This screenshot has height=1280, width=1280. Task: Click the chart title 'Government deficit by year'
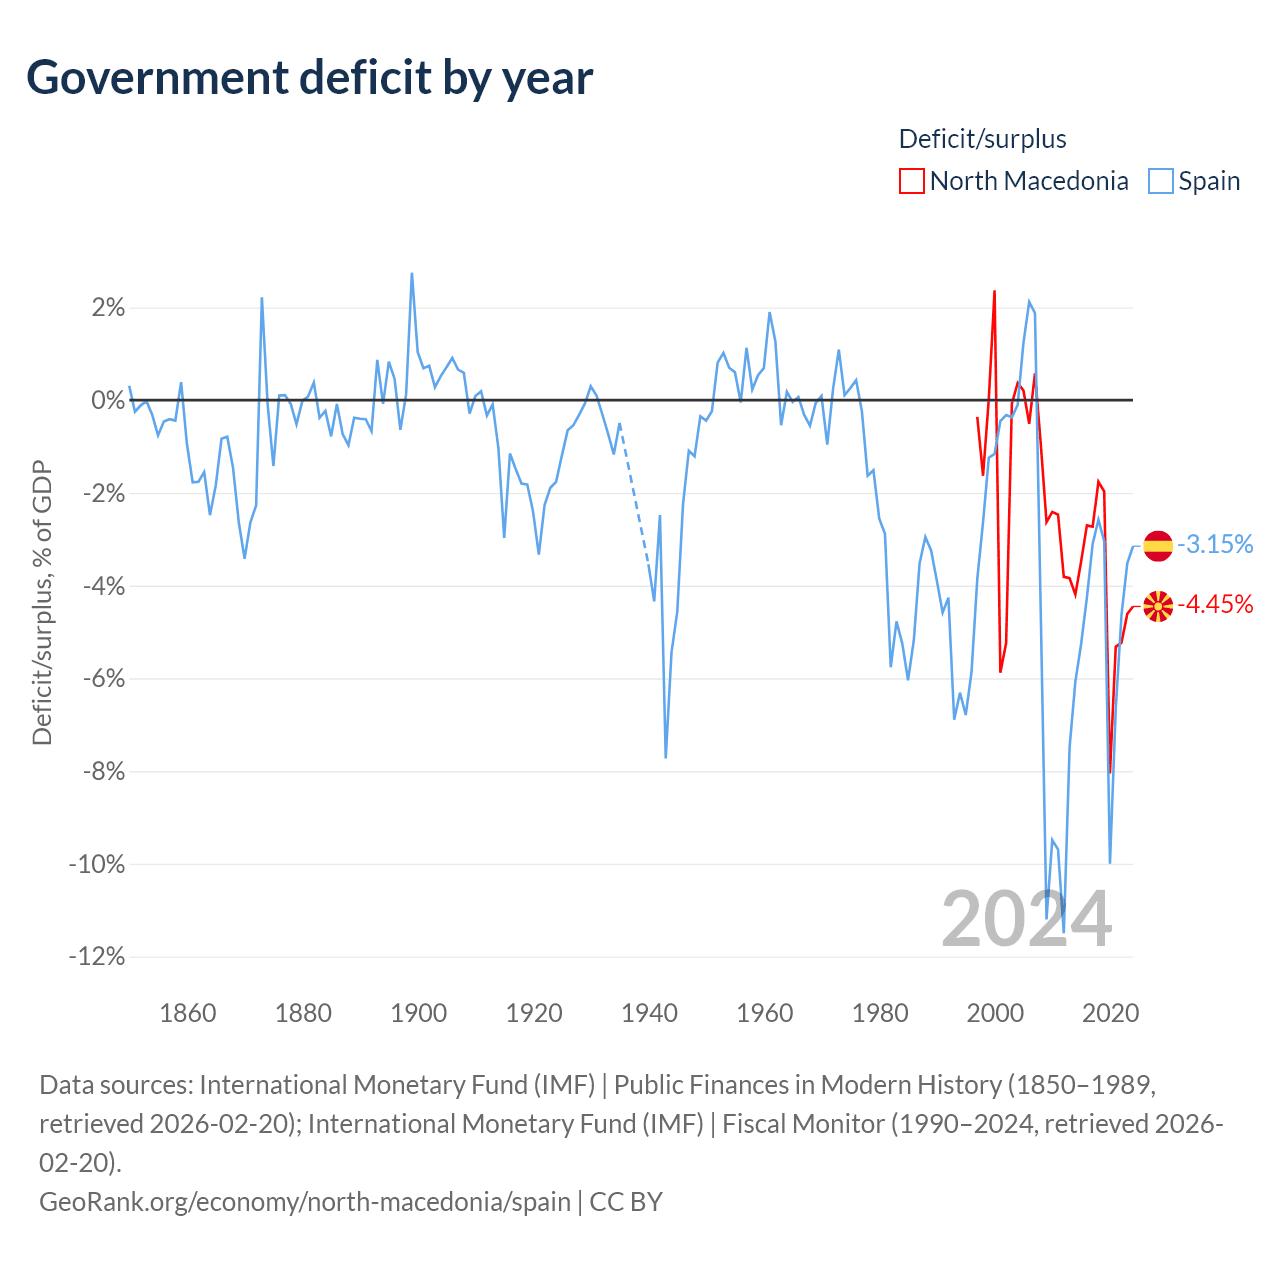click(x=309, y=78)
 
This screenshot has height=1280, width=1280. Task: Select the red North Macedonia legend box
click(x=911, y=181)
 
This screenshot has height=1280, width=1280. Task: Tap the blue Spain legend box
click(x=1160, y=181)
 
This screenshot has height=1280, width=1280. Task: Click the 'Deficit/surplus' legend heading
click(x=982, y=139)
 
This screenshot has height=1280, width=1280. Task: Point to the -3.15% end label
click(x=1214, y=544)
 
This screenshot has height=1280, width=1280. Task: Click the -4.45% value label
click(x=1214, y=604)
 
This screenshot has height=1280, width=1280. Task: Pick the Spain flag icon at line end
click(x=1157, y=545)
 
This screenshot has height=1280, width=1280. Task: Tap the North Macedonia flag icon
click(x=1157, y=606)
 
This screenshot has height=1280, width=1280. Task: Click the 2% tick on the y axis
click(x=108, y=308)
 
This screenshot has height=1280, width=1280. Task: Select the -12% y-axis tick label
click(x=97, y=956)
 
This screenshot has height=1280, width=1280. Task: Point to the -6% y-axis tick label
click(x=104, y=678)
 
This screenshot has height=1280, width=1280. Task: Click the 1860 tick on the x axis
click(x=188, y=1012)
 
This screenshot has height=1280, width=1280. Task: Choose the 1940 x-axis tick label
click(x=649, y=1012)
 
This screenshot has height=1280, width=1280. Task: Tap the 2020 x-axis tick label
click(x=1110, y=1012)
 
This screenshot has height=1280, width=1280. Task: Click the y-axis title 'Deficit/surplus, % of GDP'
click(x=42, y=602)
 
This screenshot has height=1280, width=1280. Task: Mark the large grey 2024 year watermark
click(x=1026, y=919)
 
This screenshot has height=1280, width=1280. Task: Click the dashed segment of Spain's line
click(x=635, y=497)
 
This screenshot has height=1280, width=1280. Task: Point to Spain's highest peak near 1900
click(x=412, y=274)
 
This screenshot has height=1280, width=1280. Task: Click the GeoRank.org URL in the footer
click(x=305, y=1201)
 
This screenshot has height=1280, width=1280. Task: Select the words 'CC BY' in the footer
click(x=626, y=1201)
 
